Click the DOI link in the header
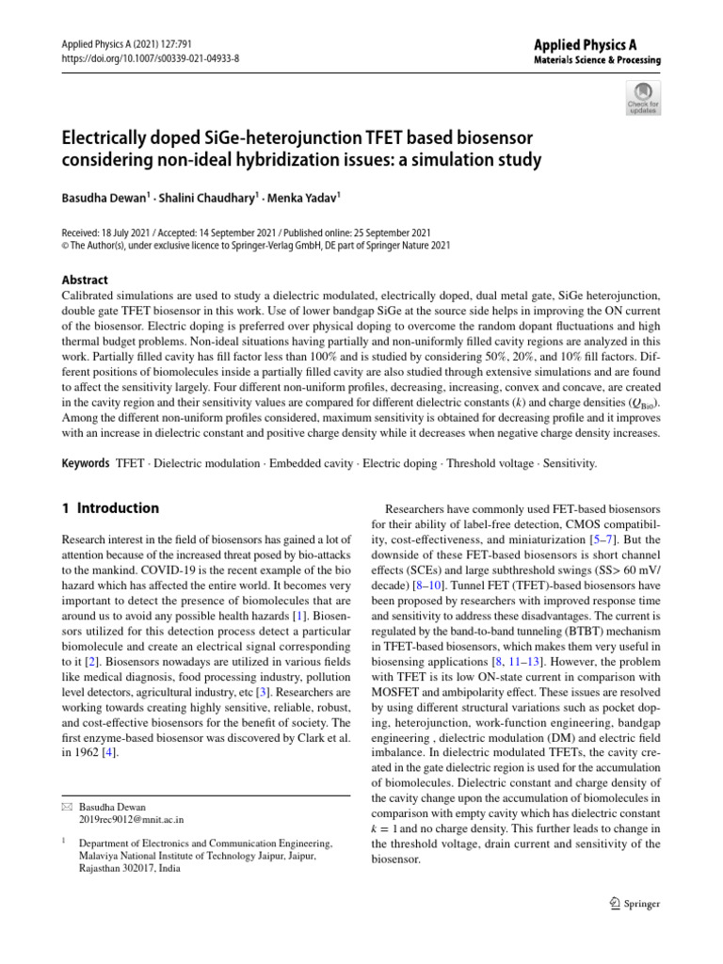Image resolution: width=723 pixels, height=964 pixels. coord(151,58)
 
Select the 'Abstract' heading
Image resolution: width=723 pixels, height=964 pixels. coord(84,280)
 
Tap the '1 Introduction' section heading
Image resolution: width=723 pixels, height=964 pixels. coord(110,508)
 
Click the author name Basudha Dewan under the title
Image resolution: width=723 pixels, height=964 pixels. coord(103,199)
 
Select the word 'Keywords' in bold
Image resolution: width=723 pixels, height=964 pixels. coord(86,464)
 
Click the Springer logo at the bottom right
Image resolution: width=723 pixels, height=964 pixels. coord(635,905)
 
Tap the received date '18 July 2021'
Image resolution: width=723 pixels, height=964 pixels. coord(133,233)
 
